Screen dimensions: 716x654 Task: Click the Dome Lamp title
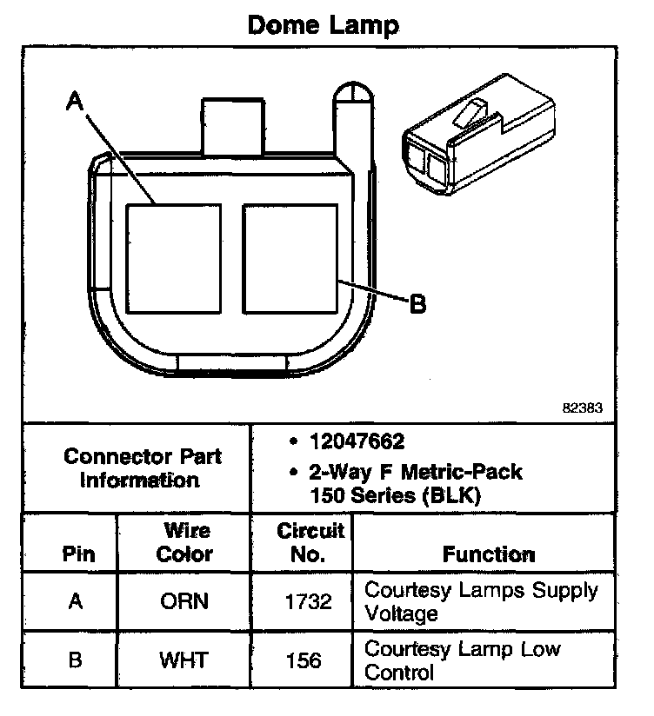click(324, 24)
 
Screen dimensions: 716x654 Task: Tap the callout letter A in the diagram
click(76, 103)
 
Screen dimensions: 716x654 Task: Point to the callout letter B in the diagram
click(417, 303)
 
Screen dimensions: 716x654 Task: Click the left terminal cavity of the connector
click(173, 258)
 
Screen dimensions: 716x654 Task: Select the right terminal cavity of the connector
click(290, 258)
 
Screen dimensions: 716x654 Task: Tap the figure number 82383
click(584, 407)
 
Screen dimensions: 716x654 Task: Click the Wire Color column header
click(184, 542)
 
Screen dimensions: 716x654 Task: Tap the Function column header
click(489, 554)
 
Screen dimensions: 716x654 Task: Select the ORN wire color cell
click(184, 601)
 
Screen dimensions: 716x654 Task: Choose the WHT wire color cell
click(184, 660)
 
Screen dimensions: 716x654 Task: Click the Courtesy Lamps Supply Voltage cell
click(480, 601)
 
